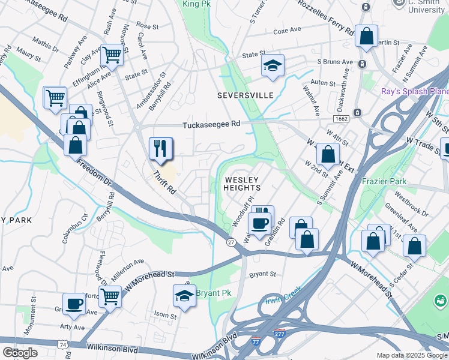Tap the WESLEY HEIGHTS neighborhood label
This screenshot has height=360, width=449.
click(242, 184)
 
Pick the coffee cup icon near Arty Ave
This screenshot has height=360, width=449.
click(74, 304)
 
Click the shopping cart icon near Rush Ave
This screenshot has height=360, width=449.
click(111, 55)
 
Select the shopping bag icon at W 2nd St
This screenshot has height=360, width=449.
click(328, 154)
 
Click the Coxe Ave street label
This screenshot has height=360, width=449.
click(286, 31)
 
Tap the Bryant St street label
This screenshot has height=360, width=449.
click(262, 274)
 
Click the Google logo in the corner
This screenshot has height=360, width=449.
click(20, 353)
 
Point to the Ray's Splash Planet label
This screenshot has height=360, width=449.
click(415, 91)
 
